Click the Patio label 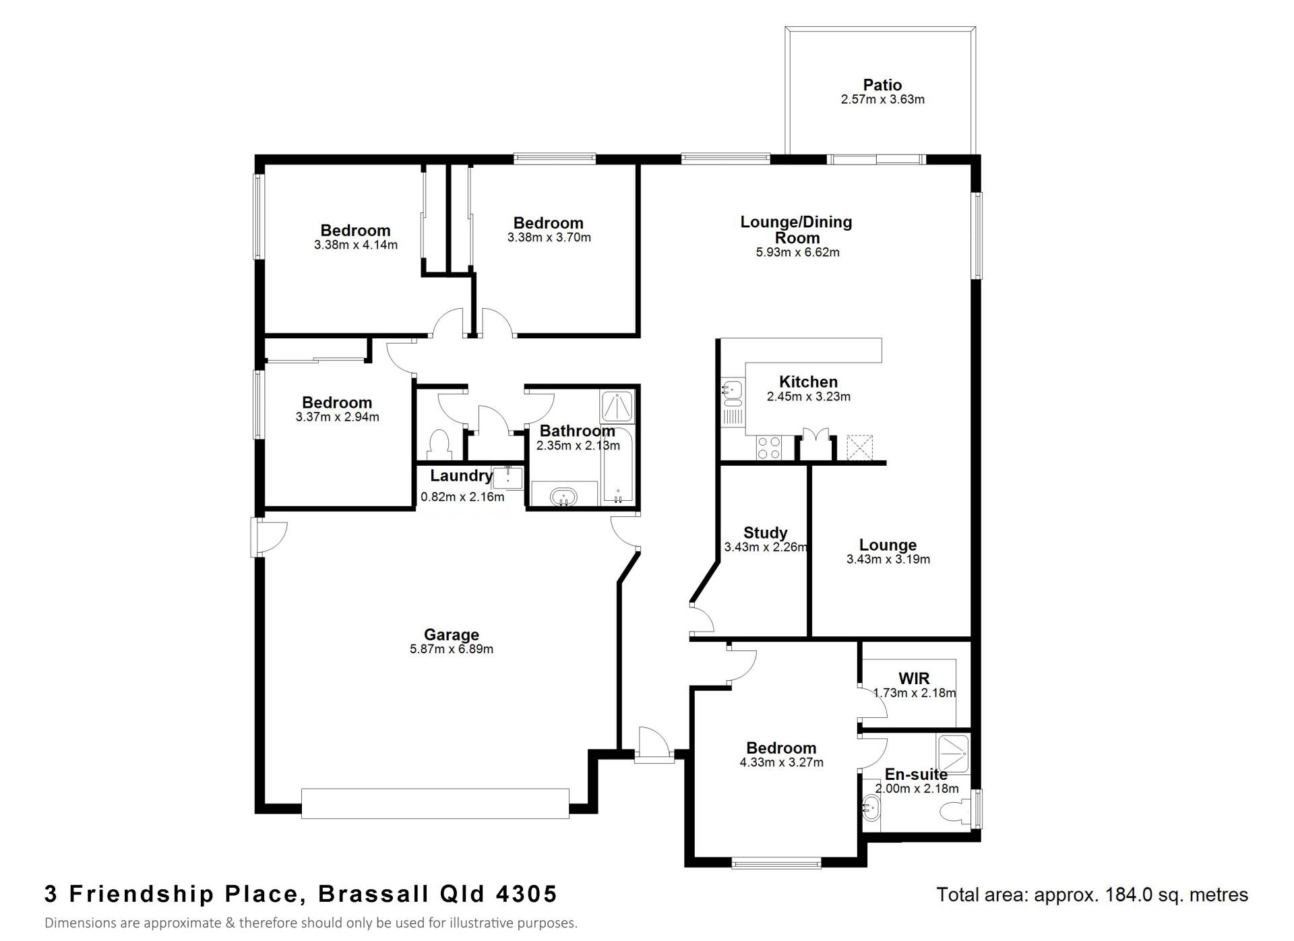882,85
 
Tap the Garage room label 452,634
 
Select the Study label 766,533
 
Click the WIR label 914,678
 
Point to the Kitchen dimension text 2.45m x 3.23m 809,396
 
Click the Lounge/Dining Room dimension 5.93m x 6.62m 798,253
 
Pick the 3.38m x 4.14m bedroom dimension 356,245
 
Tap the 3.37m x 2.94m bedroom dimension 337,417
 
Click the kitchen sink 733,390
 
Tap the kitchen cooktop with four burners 769,448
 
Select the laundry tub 507,478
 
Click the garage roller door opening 435,803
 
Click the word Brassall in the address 373,894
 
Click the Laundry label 462,476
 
